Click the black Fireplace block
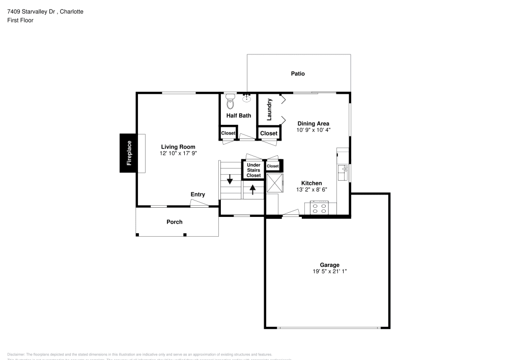(x=128, y=153)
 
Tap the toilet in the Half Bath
(x=230, y=101)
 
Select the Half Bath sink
(x=247, y=98)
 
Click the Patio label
(x=298, y=74)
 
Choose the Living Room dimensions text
(x=178, y=153)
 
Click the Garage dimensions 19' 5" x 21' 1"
(x=330, y=271)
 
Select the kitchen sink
(x=344, y=171)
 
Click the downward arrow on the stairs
(x=230, y=179)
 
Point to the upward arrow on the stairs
(x=252, y=189)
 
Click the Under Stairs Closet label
(x=253, y=170)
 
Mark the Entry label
(x=198, y=195)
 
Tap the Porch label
(x=175, y=222)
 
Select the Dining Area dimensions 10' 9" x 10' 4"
(x=314, y=130)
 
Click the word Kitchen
(x=312, y=183)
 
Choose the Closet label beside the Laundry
(x=269, y=133)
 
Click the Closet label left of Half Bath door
(x=229, y=133)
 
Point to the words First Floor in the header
(x=20, y=20)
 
